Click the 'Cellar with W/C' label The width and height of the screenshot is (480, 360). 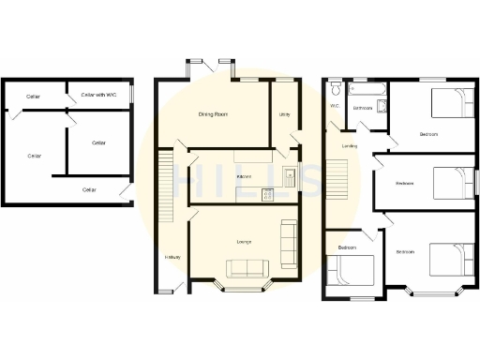[x=98, y=95]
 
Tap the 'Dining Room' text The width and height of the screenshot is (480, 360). [x=214, y=114]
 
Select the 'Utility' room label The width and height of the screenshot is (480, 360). [x=284, y=114]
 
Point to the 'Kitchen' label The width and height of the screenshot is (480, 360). [x=243, y=176]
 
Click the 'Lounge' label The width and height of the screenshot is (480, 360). [x=243, y=243]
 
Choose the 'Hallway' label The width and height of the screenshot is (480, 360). [x=172, y=257]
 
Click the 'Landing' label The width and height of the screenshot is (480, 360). [x=350, y=146]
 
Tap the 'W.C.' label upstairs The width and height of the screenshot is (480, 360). [x=335, y=106]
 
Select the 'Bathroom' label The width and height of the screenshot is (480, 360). [x=363, y=109]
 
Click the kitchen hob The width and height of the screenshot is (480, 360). [x=268, y=195]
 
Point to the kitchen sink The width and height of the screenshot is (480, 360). [x=290, y=174]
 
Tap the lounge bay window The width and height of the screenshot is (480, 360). [x=243, y=286]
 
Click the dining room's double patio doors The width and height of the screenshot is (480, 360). [x=210, y=67]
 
